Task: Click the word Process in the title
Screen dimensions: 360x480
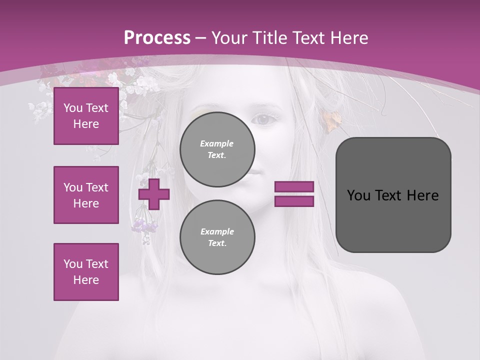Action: (157, 38)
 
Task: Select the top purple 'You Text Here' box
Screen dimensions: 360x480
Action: (86, 116)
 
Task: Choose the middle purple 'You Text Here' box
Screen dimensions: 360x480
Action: (86, 195)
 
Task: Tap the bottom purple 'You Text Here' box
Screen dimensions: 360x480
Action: (86, 271)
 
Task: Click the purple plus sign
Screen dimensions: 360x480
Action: (154, 194)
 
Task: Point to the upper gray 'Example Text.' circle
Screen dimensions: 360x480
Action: (217, 149)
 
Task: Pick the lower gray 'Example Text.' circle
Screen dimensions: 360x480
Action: (217, 237)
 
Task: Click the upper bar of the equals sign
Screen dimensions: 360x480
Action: (294, 186)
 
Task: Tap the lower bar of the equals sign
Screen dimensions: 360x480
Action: (294, 201)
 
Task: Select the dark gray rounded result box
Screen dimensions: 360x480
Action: (393, 195)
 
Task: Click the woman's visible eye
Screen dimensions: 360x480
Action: (265, 119)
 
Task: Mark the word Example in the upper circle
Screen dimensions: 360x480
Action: (217, 143)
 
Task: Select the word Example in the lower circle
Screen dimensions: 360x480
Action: (217, 231)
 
